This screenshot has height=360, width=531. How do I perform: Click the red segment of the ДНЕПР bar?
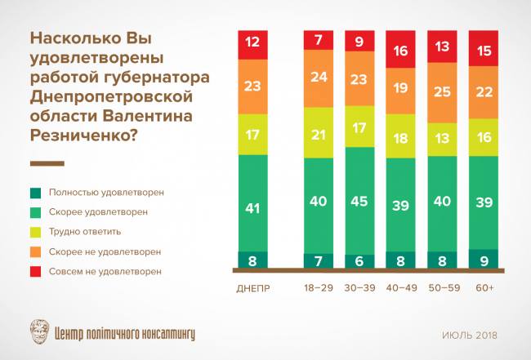click(x=252, y=41)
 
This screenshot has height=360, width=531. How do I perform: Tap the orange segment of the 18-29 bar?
click(x=318, y=79)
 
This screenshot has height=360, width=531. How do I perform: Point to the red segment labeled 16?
click(x=400, y=51)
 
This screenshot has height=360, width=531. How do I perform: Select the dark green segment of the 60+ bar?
click(x=484, y=260)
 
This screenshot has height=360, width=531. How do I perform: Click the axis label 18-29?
click(x=318, y=287)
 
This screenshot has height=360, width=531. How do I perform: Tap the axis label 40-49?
click(x=400, y=287)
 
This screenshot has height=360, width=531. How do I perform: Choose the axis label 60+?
click(x=484, y=287)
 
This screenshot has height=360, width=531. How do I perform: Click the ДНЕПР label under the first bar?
click(x=252, y=287)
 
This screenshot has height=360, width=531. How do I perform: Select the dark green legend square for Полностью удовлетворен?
click(x=36, y=193)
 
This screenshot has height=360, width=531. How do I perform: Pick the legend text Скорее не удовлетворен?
click(x=105, y=251)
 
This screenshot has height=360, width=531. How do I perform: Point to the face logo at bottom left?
click(x=38, y=332)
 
